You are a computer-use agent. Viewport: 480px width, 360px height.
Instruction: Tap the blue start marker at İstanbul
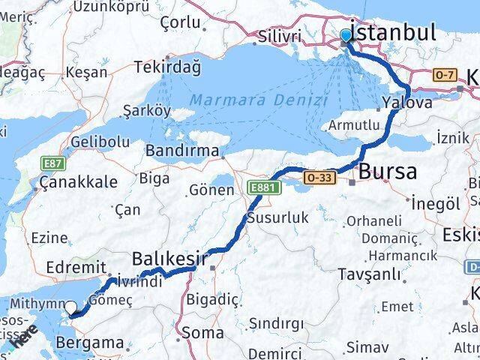(346, 36)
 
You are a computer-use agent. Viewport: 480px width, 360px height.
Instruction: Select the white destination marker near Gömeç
(71, 307)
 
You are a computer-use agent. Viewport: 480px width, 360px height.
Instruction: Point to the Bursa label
(387, 171)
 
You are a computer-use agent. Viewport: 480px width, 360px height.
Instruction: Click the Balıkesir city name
(169, 259)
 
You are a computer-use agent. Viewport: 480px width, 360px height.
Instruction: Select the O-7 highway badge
(443, 76)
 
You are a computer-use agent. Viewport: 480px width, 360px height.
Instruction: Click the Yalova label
(406, 103)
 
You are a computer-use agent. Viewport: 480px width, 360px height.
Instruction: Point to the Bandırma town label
(183, 149)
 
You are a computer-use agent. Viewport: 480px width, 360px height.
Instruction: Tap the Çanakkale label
(79, 181)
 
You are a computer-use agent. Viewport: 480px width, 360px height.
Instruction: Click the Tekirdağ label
(167, 67)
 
